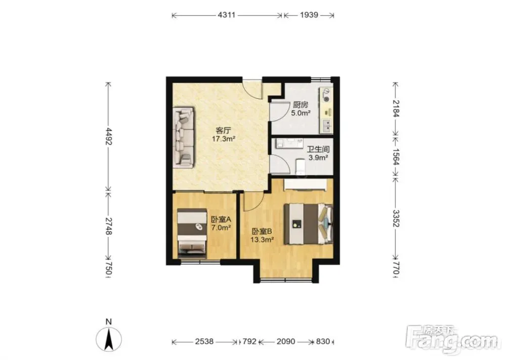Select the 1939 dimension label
point(309,15)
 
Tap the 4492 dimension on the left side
point(108,137)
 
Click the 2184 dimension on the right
point(396,108)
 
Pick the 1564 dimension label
point(396,157)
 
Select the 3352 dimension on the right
point(396,219)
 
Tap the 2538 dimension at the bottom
point(204,341)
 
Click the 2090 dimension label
point(286,341)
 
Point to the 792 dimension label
point(249,341)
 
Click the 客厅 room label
point(223,131)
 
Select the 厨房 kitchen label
point(301,105)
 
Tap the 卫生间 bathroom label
point(318,149)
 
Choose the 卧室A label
point(221,219)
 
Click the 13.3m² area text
point(262,239)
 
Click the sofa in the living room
point(184,138)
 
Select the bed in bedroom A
point(192,233)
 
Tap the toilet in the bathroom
point(300,166)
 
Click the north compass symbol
point(109,338)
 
